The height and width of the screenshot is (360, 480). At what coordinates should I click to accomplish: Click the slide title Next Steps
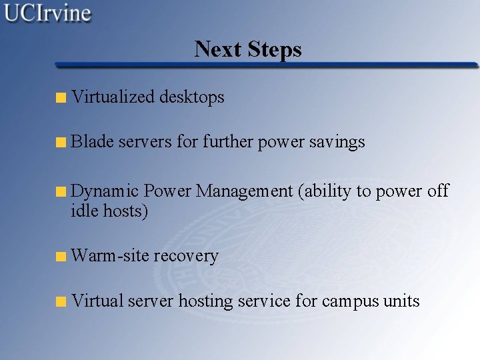248,49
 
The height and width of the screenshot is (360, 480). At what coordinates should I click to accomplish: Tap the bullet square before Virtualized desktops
61,98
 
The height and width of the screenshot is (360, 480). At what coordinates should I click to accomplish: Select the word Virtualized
113,97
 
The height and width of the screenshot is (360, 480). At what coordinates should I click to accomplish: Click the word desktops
191,97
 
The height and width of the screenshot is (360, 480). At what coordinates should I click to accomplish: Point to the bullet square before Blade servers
61,143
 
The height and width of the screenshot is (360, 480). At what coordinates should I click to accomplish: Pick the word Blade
93,141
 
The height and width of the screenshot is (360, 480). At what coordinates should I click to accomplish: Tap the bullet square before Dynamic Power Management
61,193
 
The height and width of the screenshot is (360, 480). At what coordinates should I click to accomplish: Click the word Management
244,192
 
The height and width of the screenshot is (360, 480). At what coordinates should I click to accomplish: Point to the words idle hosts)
109,211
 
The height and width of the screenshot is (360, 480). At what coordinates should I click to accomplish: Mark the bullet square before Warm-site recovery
61,257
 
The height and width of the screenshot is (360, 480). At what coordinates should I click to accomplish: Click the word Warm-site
110,255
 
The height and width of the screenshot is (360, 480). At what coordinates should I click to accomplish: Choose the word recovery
186,256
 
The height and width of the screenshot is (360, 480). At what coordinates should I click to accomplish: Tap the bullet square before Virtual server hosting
61,302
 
